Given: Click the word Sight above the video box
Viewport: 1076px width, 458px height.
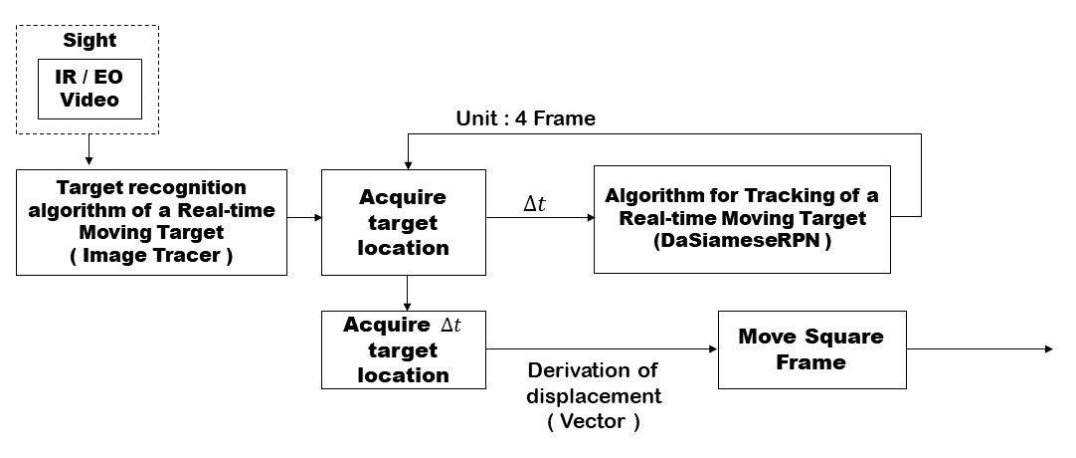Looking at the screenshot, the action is [x=90, y=41].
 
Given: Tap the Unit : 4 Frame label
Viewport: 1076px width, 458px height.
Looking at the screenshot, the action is [x=526, y=118].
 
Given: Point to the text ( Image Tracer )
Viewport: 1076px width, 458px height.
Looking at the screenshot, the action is [x=151, y=256].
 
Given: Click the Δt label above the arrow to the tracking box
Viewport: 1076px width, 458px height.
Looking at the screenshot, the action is [x=535, y=204].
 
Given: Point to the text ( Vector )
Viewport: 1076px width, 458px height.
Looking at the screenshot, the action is [x=594, y=421].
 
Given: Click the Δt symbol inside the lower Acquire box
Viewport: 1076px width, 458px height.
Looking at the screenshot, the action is [x=450, y=325].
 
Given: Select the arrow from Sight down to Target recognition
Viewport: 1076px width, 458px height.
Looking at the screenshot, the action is [x=89, y=149].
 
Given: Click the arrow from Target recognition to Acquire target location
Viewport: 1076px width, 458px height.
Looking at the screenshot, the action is [x=304, y=218].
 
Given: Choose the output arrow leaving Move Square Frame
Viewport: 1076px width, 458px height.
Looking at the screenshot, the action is [x=980, y=349].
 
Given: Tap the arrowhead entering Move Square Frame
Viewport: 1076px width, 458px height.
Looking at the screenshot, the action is [x=714, y=349].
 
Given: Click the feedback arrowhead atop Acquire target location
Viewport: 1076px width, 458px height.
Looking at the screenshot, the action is [x=408, y=165].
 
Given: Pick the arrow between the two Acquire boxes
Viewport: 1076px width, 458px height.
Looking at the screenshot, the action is [x=407, y=293].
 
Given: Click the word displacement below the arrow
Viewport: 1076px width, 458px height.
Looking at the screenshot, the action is [x=595, y=396].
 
